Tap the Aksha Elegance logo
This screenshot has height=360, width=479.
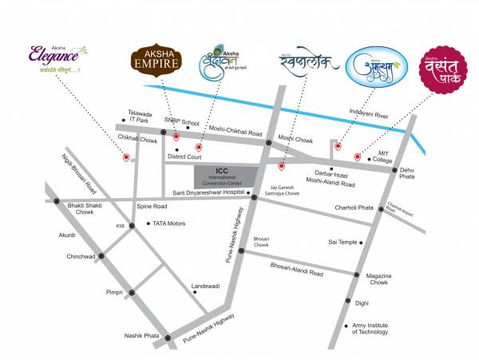click(53, 57)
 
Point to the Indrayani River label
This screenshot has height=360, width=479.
click(368, 113)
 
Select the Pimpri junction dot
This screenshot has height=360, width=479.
click(133, 294)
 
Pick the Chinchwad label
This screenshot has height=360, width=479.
click(81, 256)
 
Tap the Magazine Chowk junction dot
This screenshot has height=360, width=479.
click(357, 275)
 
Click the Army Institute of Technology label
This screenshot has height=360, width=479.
click(371, 329)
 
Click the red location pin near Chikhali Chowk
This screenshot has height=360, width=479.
click(125, 158)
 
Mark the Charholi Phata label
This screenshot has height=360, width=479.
click(354, 208)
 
